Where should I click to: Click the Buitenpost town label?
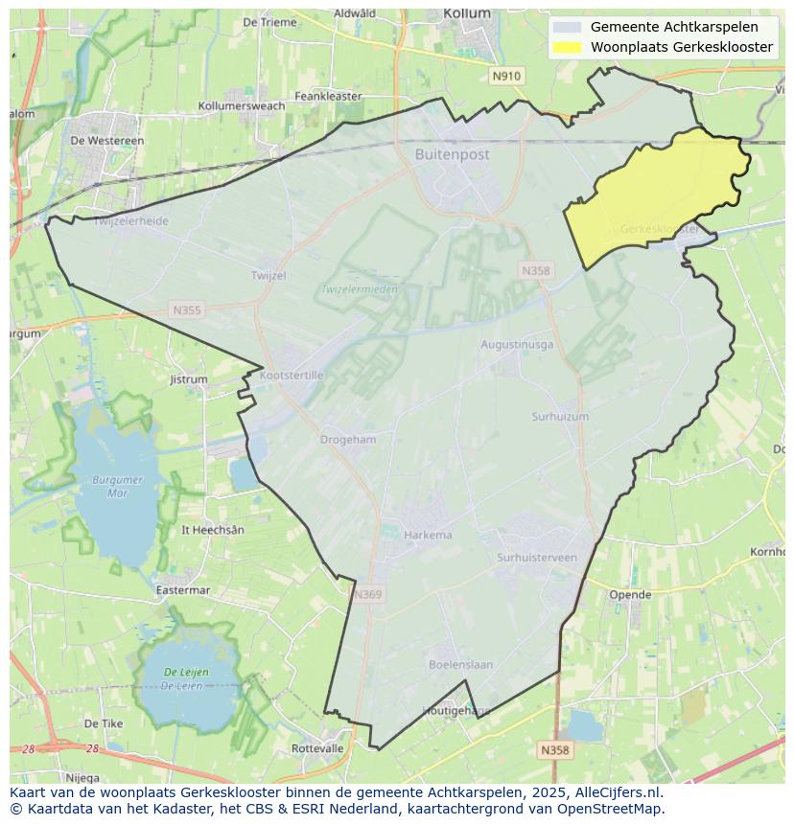(x=452, y=154)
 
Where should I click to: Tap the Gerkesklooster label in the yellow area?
(x=659, y=229)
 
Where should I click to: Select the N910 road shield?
(x=505, y=76)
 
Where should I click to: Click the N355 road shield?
(x=187, y=309)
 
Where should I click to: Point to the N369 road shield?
(x=367, y=594)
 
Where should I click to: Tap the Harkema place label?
(x=428, y=535)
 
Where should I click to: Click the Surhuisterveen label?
(x=537, y=558)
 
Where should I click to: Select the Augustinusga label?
(x=517, y=344)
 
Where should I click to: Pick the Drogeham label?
(x=348, y=440)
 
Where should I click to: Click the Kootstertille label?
(x=292, y=376)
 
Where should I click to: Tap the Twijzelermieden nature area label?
(x=359, y=288)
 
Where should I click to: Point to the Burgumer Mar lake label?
(x=117, y=486)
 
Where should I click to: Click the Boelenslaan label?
(x=460, y=664)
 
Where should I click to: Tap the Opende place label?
(x=630, y=594)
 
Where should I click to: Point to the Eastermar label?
(x=182, y=590)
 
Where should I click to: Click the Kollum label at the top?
(x=467, y=13)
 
